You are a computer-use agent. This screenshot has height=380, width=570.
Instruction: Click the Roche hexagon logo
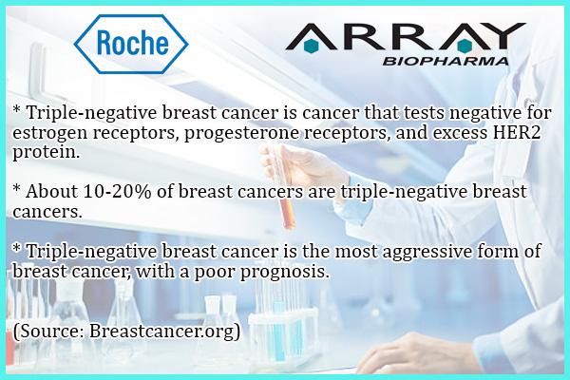pos(131,44)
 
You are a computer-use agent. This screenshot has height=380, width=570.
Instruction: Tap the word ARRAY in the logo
pos(406,37)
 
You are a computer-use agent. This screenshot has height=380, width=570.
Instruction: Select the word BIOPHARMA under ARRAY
pos(446,61)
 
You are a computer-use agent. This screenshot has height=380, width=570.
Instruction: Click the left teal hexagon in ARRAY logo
pos(312,46)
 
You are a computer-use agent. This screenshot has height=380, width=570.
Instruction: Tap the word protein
pos(46,153)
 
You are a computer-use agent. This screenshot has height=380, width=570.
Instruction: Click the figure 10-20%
pos(117,192)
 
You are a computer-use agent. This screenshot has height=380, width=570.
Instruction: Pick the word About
pos(51,191)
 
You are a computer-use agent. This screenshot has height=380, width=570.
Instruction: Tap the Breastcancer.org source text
pos(164,332)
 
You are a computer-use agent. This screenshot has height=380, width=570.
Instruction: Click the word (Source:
pos(49,332)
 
